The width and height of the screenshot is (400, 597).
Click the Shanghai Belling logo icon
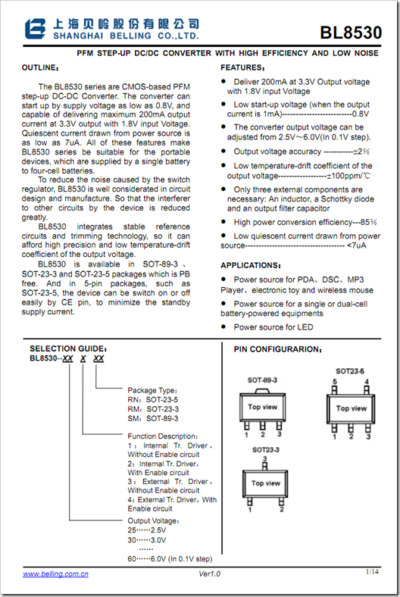pyautogui.click(x=36, y=29)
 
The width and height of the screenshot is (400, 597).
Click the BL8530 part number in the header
pyautogui.click(x=351, y=33)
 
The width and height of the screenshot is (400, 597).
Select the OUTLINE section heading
pyautogui.click(x=40, y=67)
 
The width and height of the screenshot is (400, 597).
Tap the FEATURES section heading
pyautogui.click(x=242, y=67)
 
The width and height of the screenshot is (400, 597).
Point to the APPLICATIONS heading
pyautogui.click(x=251, y=265)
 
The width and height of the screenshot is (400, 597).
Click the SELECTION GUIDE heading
pyautogui.click(x=68, y=349)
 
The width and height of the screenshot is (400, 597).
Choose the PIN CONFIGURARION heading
pyautogui.click(x=278, y=349)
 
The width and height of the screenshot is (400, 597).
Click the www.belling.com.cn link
pyautogui.click(x=55, y=574)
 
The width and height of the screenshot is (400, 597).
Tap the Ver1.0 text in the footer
pyautogui.click(x=209, y=574)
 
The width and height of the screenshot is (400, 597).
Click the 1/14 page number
pyautogui.click(x=372, y=571)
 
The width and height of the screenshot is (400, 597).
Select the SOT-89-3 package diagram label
pyautogui.click(x=262, y=380)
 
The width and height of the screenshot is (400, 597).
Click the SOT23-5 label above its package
pyautogui.click(x=350, y=371)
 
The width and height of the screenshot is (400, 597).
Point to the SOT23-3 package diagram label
pyautogui.click(x=266, y=450)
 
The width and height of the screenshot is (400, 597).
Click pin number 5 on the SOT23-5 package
pyautogui.click(x=335, y=382)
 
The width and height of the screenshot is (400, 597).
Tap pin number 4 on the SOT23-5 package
pyautogui.click(x=367, y=382)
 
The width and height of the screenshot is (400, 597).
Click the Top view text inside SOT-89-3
pyautogui.click(x=263, y=407)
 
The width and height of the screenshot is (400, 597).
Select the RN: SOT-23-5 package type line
pyautogui.click(x=152, y=400)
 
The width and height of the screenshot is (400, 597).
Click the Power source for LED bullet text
pyautogui.click(x=273, y=327)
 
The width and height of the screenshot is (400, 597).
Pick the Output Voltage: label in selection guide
pyautogui.click(x=153, y=520)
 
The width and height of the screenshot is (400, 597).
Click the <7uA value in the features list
pyautogui.click(x=357, y=245)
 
